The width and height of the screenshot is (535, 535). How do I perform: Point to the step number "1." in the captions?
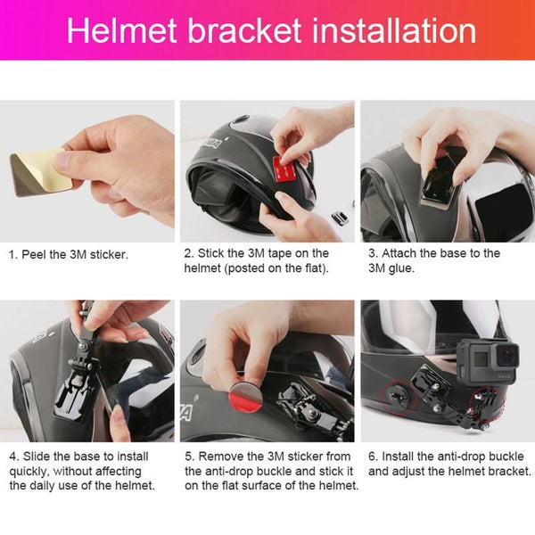[13, 254]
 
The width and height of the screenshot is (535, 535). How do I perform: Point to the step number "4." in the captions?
[13, 457]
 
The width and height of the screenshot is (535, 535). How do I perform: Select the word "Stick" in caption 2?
[215, 253]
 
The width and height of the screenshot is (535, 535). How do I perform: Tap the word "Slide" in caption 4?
[38, 457]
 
